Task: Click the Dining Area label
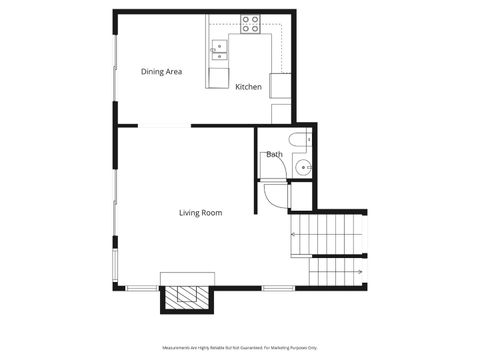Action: pos(161,72)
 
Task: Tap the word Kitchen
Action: pos(248,87)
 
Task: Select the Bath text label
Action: pos(274,154)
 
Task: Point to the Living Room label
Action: pos(200,213)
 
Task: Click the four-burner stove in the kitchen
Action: pos(250,22)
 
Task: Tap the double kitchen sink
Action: pos(218,46)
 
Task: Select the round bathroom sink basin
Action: pos(303,167)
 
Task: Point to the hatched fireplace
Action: pos(187,297)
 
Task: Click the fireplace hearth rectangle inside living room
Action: pos(187,278)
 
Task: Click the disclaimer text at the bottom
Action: pos(240,347)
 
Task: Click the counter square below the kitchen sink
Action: pos(218,77)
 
